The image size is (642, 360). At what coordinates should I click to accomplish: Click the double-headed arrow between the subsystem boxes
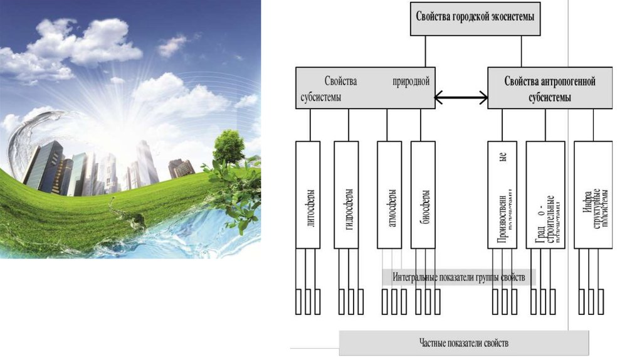pos(461,97)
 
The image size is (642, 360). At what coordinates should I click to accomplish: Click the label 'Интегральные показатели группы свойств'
pos(455,277)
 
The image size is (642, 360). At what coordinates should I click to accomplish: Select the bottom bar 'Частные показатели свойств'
pos(464,343)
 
